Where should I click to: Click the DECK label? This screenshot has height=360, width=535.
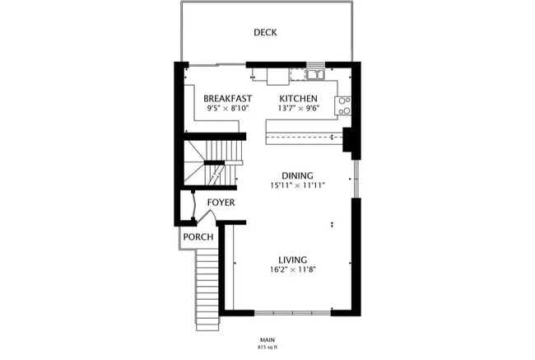pyautogui.click(x=265, y=33)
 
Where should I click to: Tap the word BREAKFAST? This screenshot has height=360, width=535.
pyautogui.click(x=228, y=98)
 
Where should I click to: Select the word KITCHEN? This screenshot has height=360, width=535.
pyautogui.click(x=298, y=98)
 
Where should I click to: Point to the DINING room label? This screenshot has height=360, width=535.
pyautogui.click(x=297, y=175)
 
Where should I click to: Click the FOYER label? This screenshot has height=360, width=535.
pyautogui.click(x=221, y=202)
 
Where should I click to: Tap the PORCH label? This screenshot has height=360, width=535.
pyautogui.click(x=198, y=237)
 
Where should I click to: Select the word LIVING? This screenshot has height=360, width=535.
pyautogui.click(x=293, y=259)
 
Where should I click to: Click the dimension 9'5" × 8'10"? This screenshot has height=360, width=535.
pyautogui.click(x=228, y=108)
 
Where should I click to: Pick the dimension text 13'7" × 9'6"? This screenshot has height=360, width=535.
pyautogui.click(x=298, y=108)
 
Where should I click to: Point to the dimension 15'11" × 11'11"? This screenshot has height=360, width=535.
pyautogui.click(x=297, y=185)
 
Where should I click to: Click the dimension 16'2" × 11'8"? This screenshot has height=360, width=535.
pyautogui.click(x=293, y=269)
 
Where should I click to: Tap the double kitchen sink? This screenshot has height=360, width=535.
pyautogui.click(x=314, y=75)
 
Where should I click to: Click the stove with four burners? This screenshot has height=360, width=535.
pyautogui.click(x=344, y=105)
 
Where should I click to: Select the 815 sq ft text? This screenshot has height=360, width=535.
pyautogui.click(x=267, y=347)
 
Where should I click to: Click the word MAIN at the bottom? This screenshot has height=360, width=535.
pyautogui.click(x=267, y=339)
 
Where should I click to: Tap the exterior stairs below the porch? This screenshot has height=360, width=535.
pyautogui.click(x=207, y=288)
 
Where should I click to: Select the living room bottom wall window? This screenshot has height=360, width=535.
pyautogui.click(x=292, y=312)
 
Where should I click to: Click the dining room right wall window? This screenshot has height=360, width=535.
pyautogui.click(x=355, y=178)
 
